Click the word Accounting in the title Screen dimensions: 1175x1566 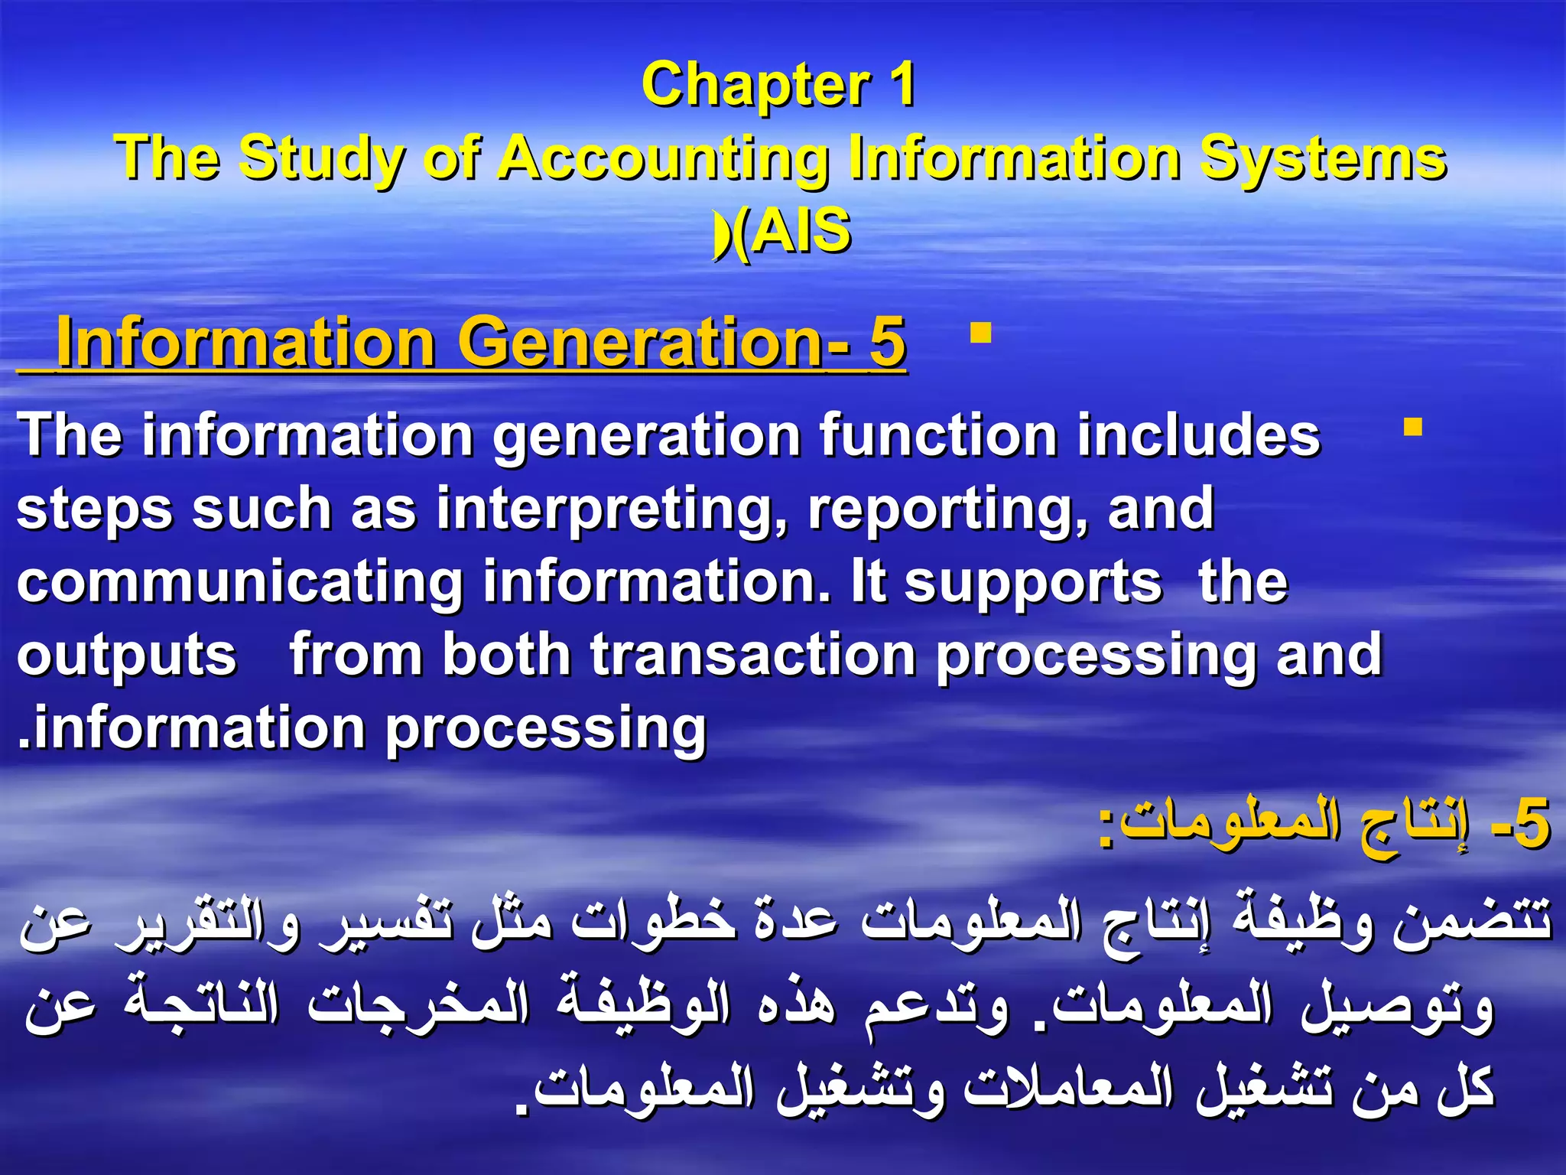tap(664, 158)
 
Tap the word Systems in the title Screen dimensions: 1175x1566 tap(1323, 158)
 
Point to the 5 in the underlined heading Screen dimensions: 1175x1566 tap(887, 343)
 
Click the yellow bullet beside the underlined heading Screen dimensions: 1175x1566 tap(980, 334)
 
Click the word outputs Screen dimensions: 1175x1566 tap(127, 655)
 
